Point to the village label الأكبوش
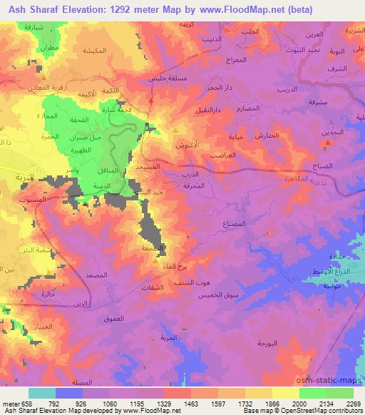click(x=187, y=143)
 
